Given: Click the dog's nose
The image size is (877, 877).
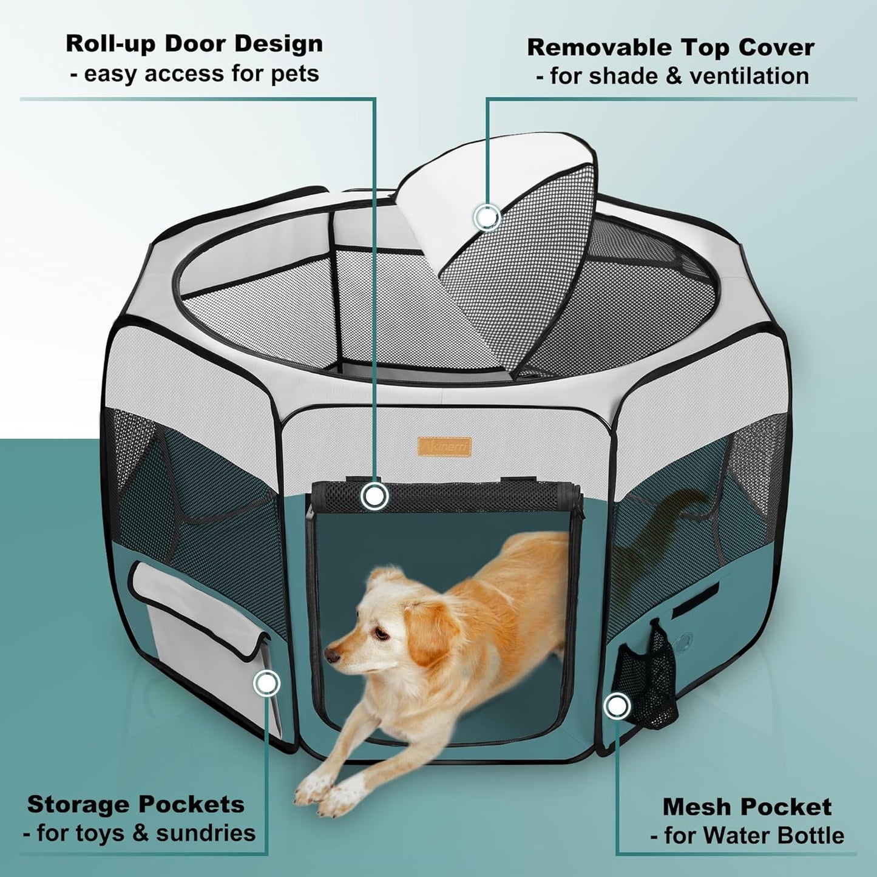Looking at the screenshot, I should (331, 656).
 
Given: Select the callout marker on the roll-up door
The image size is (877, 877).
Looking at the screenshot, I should (374, 496).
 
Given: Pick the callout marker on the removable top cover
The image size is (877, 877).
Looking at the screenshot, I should (487, 217).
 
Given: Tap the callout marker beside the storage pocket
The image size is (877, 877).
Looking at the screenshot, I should (266, 684).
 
